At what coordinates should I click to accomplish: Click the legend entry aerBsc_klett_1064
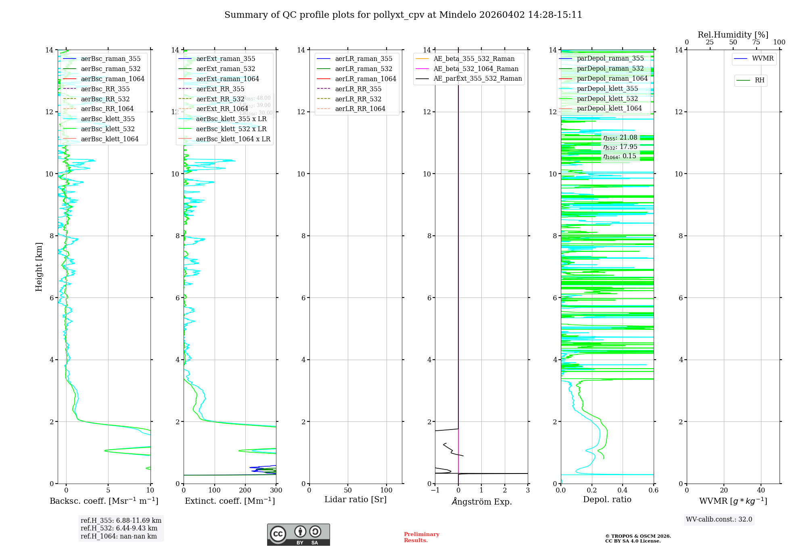(x=109, y=139)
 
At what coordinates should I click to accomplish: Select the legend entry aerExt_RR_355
(x=220, y=89)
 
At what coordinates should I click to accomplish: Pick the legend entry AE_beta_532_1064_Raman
(x=476, y=69)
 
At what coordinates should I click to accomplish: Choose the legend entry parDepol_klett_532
(x=607, y=98)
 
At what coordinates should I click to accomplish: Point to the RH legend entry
(x=759, y=80)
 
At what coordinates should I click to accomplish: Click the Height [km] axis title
(x=39, y=267)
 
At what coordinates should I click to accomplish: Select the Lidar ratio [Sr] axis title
(x=355, y=499)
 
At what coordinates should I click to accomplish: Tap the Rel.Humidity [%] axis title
(x=733, y=35)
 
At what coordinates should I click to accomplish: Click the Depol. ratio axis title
(x=607, y=499)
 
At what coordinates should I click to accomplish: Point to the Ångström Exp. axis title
(x=481, y=501)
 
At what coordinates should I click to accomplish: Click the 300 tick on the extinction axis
(x=276, y=490)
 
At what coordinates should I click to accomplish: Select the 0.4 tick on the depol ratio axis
(x=623, y=490)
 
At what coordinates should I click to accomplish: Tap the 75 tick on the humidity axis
(x=756, y=42)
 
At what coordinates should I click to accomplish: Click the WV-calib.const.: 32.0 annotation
(x=719, y=519)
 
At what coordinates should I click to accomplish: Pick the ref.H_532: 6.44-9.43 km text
(x=119, y=528)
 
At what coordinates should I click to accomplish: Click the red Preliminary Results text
(x=421, y=537)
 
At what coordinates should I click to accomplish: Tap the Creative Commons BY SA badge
(x=298, y=534)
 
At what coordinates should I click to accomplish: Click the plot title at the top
(x=403, y=15)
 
